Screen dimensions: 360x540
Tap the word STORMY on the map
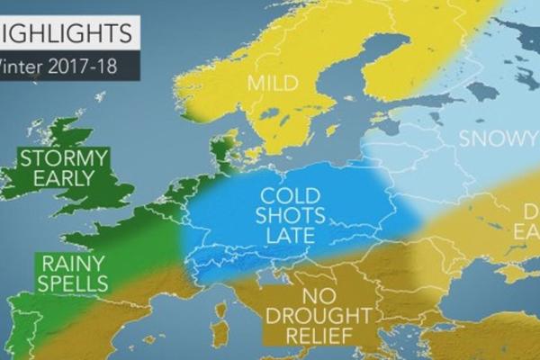[x=67, y=159]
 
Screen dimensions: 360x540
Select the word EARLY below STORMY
[x=64, y=178]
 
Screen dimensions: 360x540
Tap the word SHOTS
[x=284, y=217]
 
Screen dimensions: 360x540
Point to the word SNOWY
[x=491, y=139]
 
